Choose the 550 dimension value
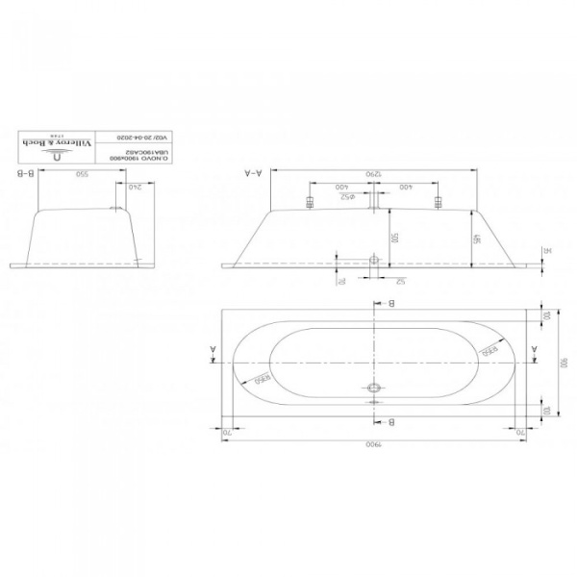[x=83, y=175]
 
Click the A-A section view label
[x=253, y=174]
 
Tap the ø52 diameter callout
[x=352, y=196]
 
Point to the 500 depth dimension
[x=392, y=236]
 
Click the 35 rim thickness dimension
[x=544, y=252]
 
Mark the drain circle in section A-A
[x=372, y=260]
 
